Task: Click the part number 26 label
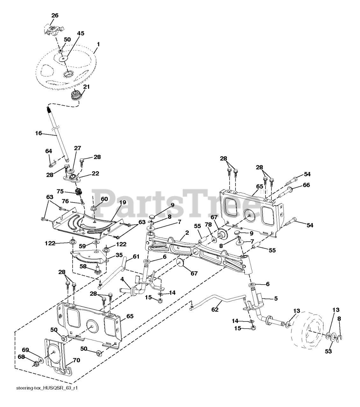55,15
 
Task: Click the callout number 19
123,202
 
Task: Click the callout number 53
328,351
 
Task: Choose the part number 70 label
76,360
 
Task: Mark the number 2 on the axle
187,233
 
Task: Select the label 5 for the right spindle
276,298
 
